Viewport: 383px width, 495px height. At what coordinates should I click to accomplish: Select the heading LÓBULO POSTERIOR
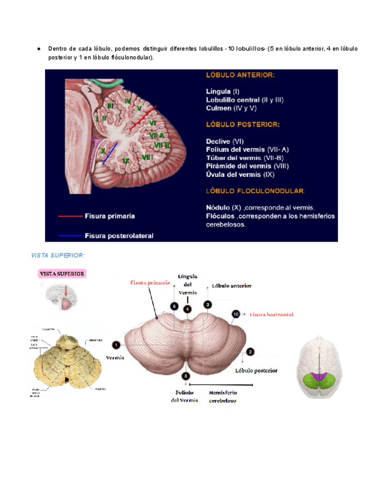tap(243, 124)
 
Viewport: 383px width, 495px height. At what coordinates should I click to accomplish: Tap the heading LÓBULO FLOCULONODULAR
tap(255, 190)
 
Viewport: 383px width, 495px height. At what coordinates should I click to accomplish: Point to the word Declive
tap(219, 141)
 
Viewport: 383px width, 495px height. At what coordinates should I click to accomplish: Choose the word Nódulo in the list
tap(219, 207)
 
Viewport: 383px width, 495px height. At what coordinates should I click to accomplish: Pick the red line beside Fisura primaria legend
tap(70, 216)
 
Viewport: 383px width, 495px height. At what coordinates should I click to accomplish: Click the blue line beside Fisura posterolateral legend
tap(70, 235)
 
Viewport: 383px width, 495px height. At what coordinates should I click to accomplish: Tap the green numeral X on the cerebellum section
tap(103, 150)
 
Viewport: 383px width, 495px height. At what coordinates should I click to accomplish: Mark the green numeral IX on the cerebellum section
tap(125, 160)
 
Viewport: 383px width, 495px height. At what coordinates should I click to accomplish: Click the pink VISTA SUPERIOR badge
tap(63, 274)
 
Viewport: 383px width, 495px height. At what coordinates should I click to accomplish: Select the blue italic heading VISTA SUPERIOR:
tap(58, 256)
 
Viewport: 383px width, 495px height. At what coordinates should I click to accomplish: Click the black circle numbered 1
tap(116, 345)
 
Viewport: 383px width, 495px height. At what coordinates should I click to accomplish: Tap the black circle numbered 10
tap(236, 314)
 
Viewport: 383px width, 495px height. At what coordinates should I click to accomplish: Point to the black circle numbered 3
tap(208, 305)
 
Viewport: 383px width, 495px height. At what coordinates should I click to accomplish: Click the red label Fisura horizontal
tap(271, 314)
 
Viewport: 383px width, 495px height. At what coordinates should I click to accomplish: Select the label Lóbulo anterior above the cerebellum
tap(232, 287)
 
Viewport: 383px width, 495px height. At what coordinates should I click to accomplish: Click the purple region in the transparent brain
tap(319, 378)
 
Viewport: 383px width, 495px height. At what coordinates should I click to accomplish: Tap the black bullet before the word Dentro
tap(38, 48)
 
